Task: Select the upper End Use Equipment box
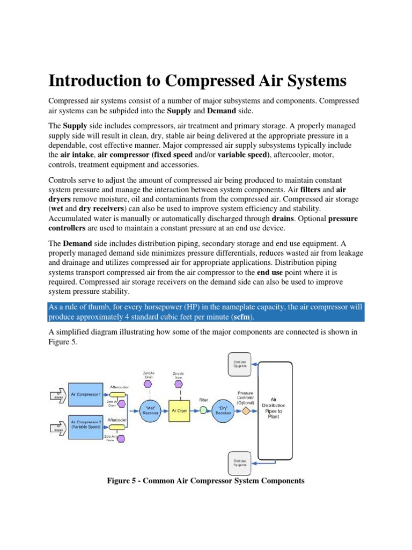[240, 365]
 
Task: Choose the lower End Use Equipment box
[240, 462]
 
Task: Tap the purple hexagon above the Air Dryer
[179, 385]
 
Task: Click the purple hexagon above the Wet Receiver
[149, 384]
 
